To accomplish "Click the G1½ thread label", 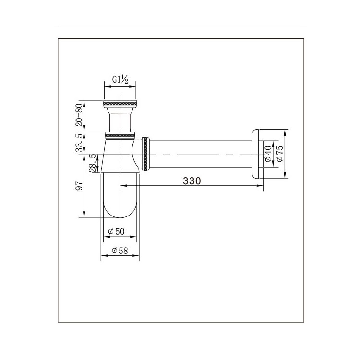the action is (x=120, y=80).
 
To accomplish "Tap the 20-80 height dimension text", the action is (x=79, y=115).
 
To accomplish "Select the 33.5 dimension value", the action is (x=79, y=143).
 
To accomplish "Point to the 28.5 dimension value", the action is (x=92, y=164).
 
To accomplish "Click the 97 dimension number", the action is (x=79, y=185).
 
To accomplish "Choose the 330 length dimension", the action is (x=192, y=181).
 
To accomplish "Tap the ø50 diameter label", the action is (x=116, y=231).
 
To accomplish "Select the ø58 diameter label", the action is (x=120, y=251).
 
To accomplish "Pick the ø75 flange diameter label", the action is (x=280, y=154).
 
